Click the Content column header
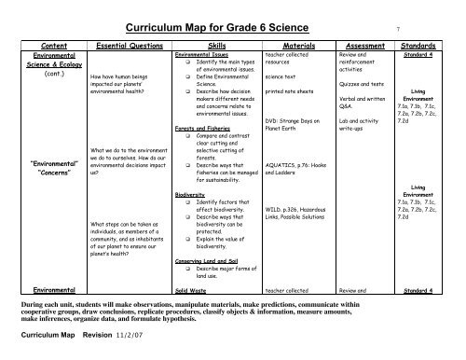click(x=38, y=44)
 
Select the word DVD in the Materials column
click(x=272, y=119)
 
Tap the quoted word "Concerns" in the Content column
click(x=38, y=173)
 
